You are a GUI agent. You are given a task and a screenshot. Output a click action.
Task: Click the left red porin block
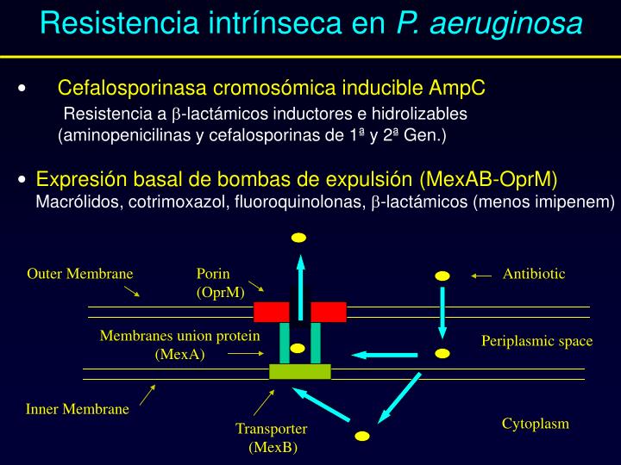pos(272,312)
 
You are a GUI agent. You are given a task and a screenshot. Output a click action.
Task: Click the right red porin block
pos(329,312)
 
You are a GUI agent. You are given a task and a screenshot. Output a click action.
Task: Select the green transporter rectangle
pos(300,371)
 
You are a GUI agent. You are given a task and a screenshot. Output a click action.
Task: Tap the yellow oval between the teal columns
pos(298,349)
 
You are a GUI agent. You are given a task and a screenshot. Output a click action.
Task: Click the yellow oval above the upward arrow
pos(299,238)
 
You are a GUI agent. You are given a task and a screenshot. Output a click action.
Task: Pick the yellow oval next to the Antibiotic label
pos(442,276)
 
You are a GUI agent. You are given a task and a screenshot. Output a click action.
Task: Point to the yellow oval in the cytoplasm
pos(362,436)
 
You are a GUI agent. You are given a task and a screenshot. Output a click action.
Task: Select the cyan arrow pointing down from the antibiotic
pos(442,312)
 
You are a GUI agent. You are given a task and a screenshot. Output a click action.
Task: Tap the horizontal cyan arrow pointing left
pos(371,354)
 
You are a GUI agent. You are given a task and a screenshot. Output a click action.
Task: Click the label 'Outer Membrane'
pos(80,274)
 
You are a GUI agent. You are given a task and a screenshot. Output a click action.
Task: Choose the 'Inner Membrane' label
pos(78,409)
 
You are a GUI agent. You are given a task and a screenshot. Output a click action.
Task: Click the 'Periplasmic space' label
pos(536,341)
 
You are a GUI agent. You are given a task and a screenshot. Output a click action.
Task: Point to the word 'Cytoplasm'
pos(536,424)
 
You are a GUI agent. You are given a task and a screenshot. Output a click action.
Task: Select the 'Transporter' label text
pos(272,429)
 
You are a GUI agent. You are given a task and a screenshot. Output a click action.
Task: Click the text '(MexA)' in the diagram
pos(180,354)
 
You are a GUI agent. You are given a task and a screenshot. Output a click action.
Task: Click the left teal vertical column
pos(285,343)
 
